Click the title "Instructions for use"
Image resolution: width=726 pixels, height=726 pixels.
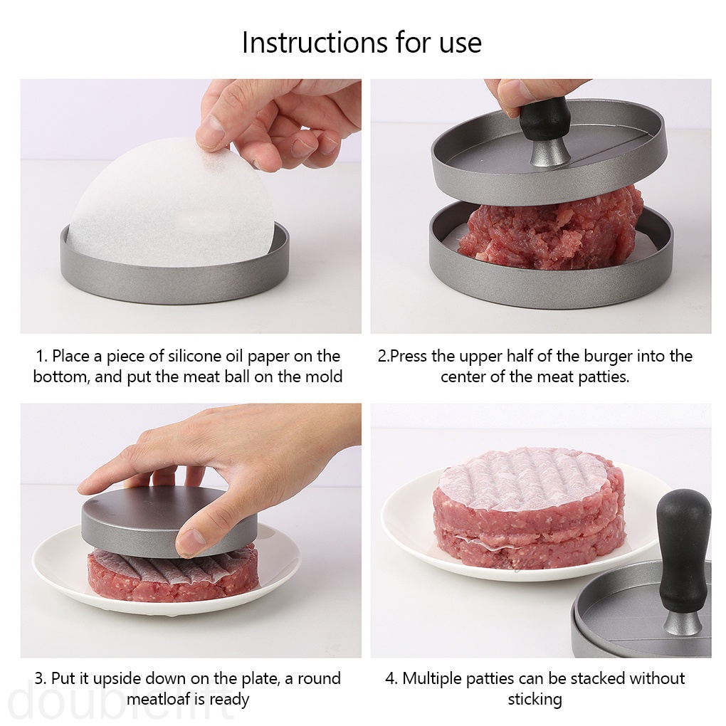[362, 43]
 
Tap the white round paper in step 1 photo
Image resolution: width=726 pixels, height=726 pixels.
[171, 206]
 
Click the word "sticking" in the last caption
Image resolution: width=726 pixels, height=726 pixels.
[535, 700]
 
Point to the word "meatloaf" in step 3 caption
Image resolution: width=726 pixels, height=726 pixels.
[159, 700]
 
